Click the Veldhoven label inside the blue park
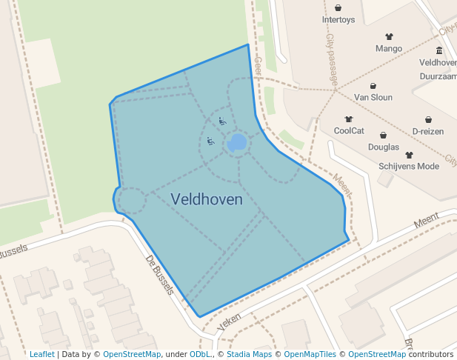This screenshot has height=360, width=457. click(x=207, y=199)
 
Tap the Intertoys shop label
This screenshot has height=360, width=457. click(x=338, y=20)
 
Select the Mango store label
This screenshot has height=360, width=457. click(x=389, y=49)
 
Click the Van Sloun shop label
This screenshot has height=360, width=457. click(x=373, y=97)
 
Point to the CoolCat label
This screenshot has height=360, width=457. click(x=349, y=130)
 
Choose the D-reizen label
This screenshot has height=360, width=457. click(x=428, y=131)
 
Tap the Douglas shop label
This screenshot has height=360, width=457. click(x=384, y=147)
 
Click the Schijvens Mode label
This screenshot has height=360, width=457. click(x=409, y=166)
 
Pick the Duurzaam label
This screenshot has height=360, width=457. click(x=438, y=76)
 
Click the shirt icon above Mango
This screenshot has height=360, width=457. click(x=389, y=36)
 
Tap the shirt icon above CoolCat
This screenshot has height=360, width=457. click(x=349, y=119)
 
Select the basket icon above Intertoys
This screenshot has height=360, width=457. click(x=338, y=8)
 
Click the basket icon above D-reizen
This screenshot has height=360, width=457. click(x=428, y=119)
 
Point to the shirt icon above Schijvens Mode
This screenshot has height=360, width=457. click(x=409, y=155)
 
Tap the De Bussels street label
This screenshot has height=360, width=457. click(x=159, y=276)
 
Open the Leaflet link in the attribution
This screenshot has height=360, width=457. click(x=41, y=354)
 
